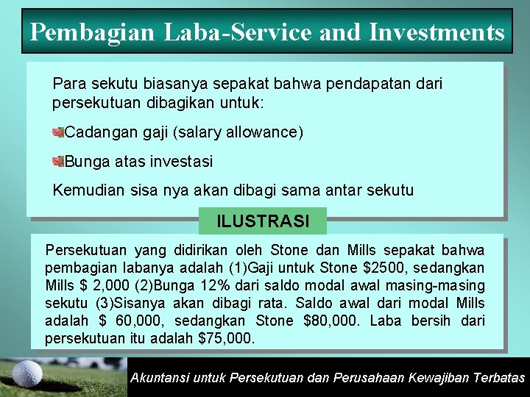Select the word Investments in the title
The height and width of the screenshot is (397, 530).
437,32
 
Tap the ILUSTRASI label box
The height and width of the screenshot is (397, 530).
263,221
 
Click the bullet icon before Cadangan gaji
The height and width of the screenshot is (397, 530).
58,132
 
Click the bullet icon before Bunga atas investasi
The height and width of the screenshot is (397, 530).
58,161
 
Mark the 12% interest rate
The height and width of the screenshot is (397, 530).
208,285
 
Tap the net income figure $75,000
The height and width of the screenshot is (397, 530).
226,338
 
